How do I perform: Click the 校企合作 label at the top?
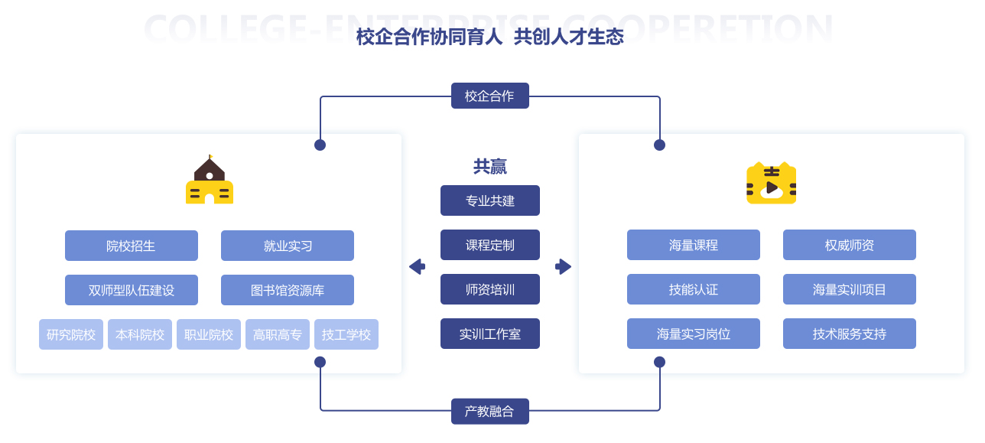[x=489, y=96]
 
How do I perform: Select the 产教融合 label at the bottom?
[x=489, y=411]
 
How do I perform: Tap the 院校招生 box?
[x=131, y=246]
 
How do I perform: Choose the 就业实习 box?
[x=287, y=246]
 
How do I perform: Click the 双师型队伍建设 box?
[x=131, y=290]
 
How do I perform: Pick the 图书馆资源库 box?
[x=287, y=290]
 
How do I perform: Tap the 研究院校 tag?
[x=71, y=334]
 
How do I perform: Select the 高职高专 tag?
[x=278, y=334]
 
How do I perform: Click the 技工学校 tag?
[x=346, y=334]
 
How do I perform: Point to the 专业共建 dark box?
[x=489, y=200]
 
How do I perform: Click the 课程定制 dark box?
[x=489, y=245]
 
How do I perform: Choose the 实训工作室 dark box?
[x=489, y=334]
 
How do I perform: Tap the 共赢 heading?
[x=489, y=167]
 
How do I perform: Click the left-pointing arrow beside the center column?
[x=417, y=266]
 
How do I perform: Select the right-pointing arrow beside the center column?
[x=563, y=266]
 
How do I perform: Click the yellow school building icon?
[x=210, y=181]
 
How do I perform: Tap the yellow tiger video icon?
[x=771, y=184]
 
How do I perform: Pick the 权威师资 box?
[x=849, y=245]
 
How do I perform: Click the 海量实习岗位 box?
[x=693, y=334]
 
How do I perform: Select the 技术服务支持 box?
[x=849, y=334]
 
